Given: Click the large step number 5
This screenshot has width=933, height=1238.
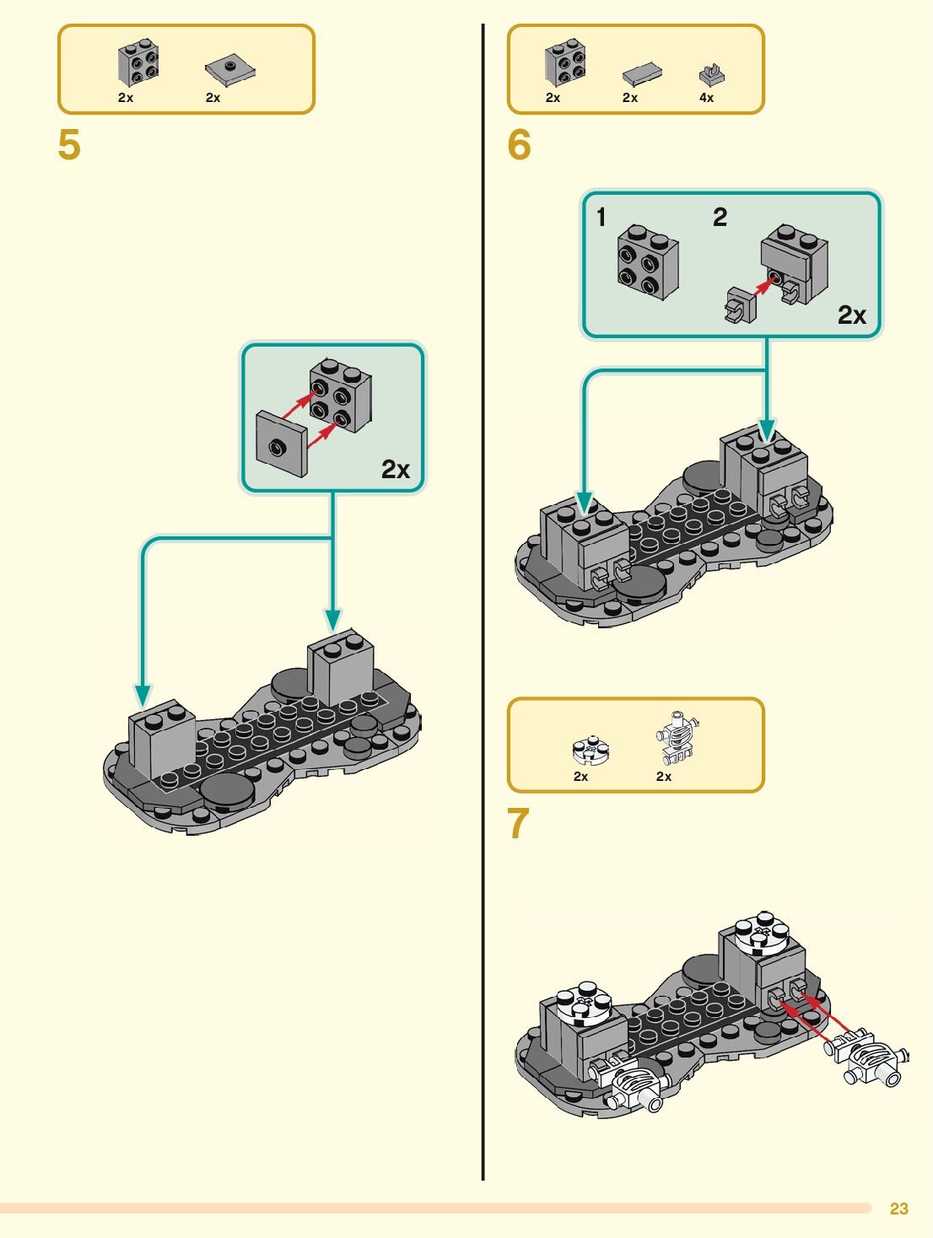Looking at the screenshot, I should pos(69,145).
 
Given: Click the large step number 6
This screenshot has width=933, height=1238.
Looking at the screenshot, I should pos(519,145).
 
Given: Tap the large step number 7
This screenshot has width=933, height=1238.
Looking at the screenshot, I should pos(518,824).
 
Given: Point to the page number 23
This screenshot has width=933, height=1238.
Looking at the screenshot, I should pos(898,1208).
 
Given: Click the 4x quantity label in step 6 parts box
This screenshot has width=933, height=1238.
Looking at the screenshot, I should pos(706,98).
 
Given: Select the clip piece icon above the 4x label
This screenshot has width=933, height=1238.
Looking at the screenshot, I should pos(712,76).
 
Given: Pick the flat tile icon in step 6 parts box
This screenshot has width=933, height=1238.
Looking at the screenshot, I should pos(642,75).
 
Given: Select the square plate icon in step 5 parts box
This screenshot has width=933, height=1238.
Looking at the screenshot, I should pos(229,70).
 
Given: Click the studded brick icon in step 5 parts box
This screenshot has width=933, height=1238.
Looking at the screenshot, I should pos(138,62).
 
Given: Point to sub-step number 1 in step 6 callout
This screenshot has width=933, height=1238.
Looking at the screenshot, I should pos(601,218).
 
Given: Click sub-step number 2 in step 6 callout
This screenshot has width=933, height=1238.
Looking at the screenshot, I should pos(720,218).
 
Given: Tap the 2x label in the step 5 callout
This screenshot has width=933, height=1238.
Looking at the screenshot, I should pos(395,470).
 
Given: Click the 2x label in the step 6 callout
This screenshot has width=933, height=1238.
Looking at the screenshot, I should pos(851,315).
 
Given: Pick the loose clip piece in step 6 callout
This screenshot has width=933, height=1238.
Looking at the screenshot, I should pos(740,304).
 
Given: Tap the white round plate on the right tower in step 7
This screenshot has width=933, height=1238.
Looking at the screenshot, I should pos(763,932).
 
